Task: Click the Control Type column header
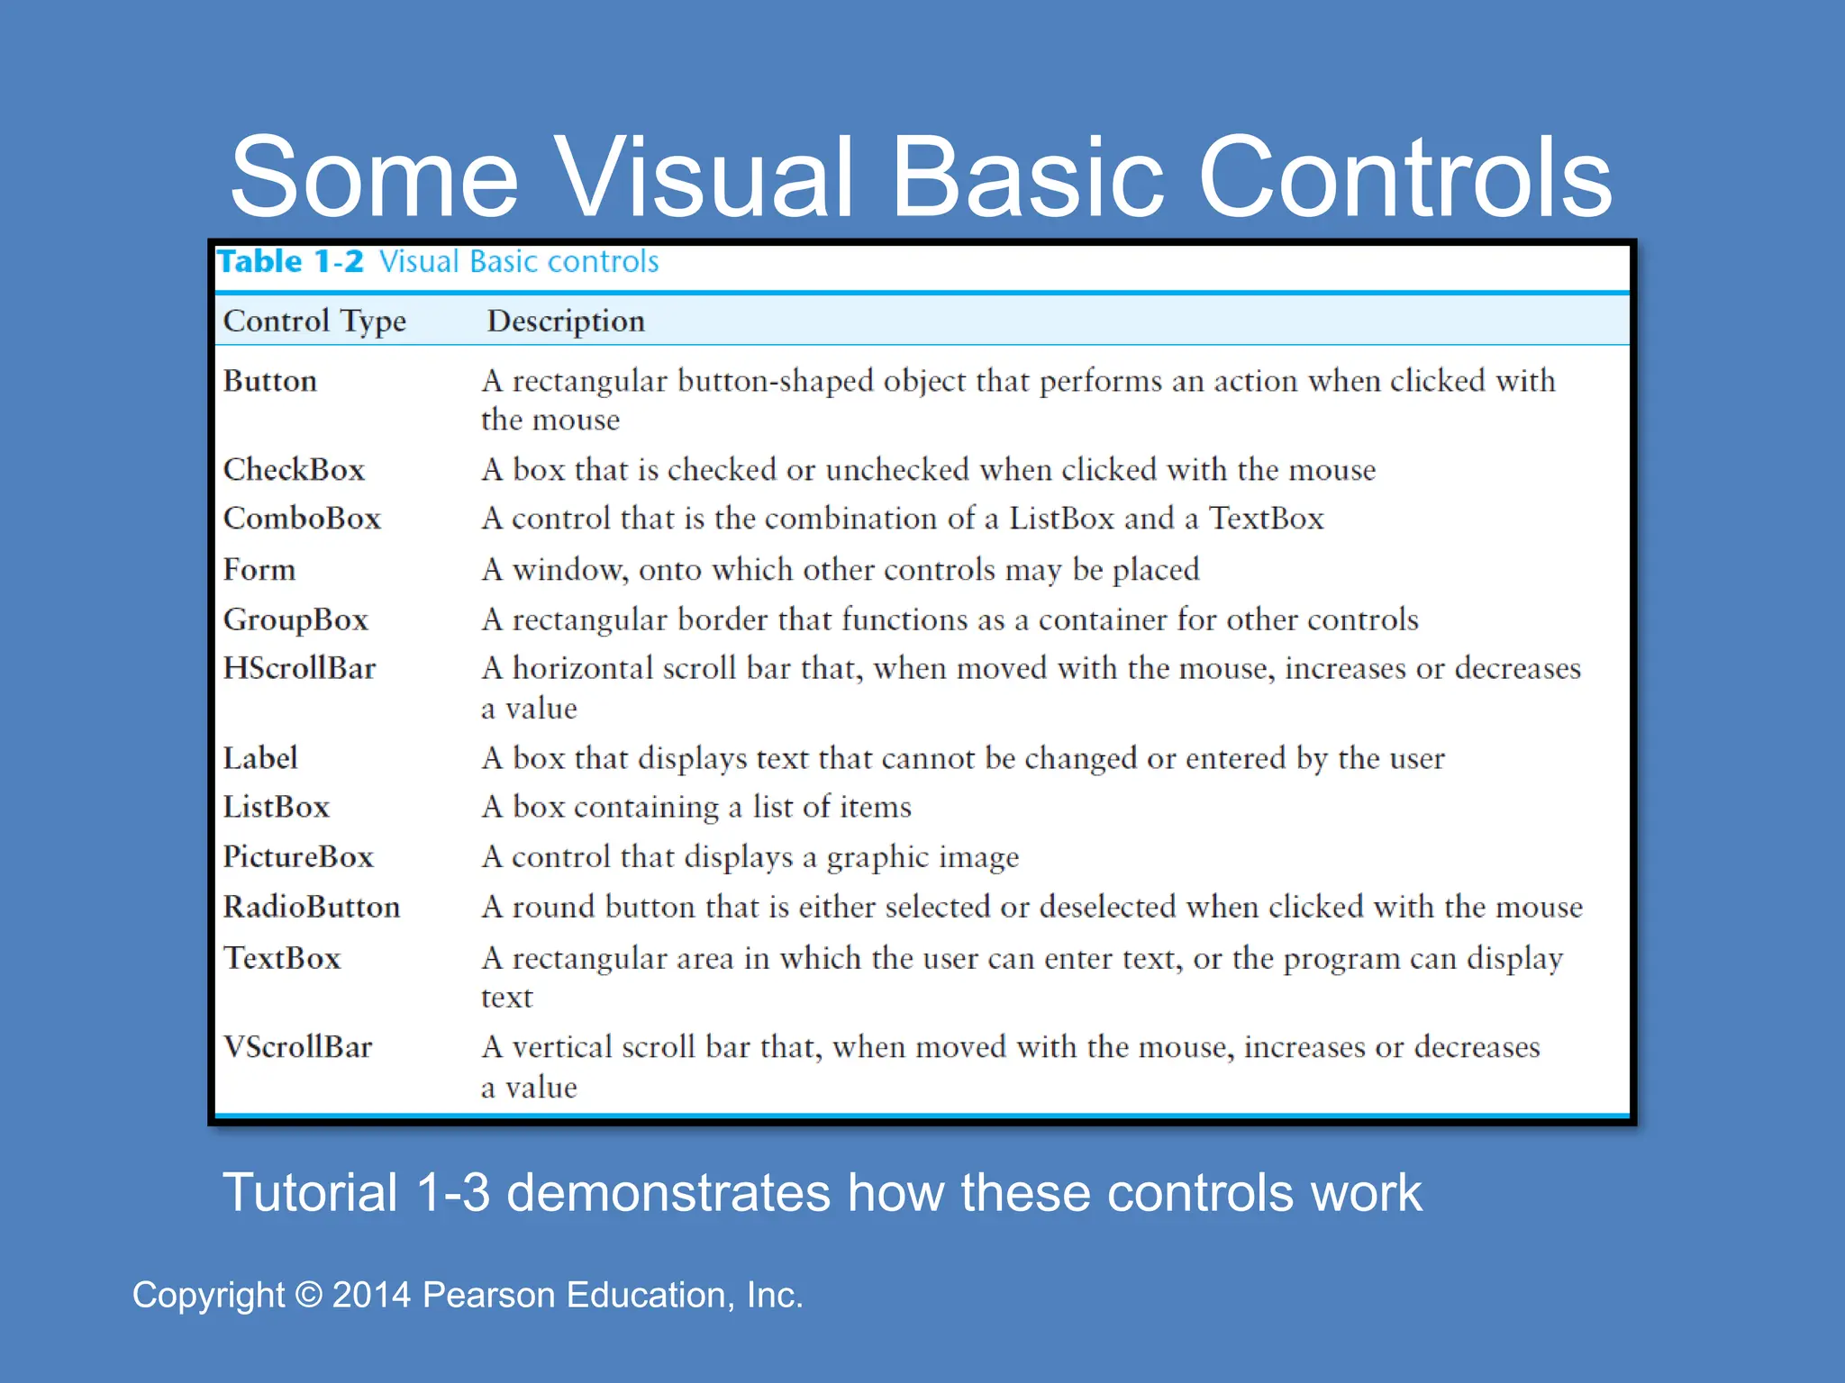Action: (x=314, y=321)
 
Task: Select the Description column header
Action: (x=566, y=321)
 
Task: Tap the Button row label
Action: (x=270, y=381)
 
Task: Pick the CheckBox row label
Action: (x=294, y=469)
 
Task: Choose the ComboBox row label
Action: (x=302, y=519)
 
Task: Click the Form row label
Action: (x=259, y=569)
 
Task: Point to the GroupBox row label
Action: (x=295, y=619)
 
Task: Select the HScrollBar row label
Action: (x=299, y=668)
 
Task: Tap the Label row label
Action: (x=260, y=758)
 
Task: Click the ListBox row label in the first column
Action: (x=277, y=807)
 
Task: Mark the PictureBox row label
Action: (x=298, y=856)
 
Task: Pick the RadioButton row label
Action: (x=312, y=907)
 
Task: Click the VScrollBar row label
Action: (x=297, y=1047)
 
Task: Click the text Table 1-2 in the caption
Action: (x=290, y=262)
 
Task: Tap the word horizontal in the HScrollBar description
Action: (x=582, y=668)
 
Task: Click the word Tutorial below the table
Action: (x=310, y=1193)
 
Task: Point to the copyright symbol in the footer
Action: (x=309, y=1295)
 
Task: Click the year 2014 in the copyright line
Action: (x=371, y=1295)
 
